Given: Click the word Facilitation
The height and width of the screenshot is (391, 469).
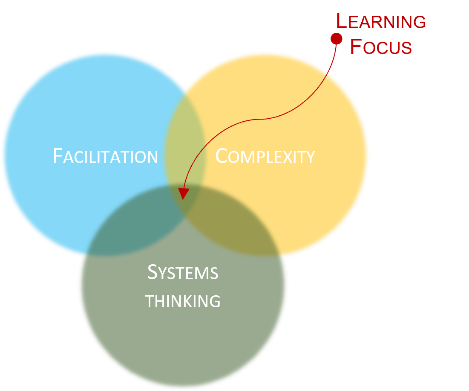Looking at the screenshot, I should pyautogui.click(x=105, y=156).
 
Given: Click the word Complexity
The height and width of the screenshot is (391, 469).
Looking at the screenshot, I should pyautogui.click(x=265, y=156).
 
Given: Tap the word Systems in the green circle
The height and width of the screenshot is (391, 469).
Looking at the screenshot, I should pyautogui.click(x=183, y=272).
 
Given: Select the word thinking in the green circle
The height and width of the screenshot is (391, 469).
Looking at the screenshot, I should pyautogui.click(x=183, y=301).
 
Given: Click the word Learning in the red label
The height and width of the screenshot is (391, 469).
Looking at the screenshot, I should pyautogui.click(x=381, y=21).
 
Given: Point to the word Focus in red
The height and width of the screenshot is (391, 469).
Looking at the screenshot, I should pyautogui.click(x=381, y=47).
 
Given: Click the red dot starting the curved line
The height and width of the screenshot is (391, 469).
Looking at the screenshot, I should pyautogui.click(x=337, y=39).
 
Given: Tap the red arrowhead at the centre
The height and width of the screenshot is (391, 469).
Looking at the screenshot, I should pyautogui.click(x=183, y=194).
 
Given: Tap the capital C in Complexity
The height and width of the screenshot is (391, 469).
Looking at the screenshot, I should pyautogui.click(x=222, y=156).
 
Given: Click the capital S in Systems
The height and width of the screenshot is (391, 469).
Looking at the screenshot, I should pyautogui.click(x=152, y=272).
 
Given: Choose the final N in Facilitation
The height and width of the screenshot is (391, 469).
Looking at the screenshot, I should pyautogui.click(x=152, y=157).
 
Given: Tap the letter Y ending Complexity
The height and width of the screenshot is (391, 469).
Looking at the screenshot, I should pyautogui.click(x=310, y=157).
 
